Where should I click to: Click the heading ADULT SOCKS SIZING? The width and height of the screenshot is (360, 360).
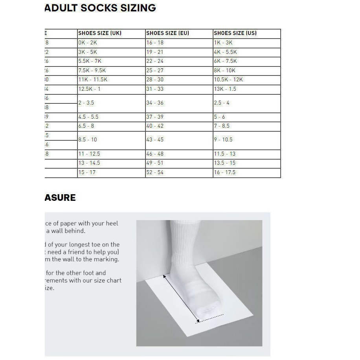[x=100, y=8]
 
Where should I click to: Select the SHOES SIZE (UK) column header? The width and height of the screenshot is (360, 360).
[x=100, y=33]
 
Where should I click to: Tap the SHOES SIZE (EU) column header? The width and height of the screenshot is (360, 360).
[x=167, y=33]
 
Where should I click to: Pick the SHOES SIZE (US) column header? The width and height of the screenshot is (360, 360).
[x=235, y=33]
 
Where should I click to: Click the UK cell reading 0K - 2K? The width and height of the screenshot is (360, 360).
[x=87, y=43]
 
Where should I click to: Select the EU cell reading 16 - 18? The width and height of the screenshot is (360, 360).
[x=155, y=43]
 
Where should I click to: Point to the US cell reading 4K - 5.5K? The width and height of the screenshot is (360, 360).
[x=225, y=52]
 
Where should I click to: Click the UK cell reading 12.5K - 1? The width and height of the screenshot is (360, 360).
[x=89, y=89]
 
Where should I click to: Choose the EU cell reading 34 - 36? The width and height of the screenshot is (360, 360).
[x=155, y=103]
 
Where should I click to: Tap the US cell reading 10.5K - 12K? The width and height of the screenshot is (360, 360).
[x=228, y=80]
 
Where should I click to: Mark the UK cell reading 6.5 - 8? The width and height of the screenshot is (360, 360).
[x=86, y=126]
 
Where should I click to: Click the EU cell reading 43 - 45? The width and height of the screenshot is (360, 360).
[x=155, y=140]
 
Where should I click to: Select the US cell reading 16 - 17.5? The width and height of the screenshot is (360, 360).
[x=225, y=173]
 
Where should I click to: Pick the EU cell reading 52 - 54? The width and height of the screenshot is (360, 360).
[x=155, y=173]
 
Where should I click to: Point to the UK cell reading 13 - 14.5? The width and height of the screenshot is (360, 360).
[x=89, y=163]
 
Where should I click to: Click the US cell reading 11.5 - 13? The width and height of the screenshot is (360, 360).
[x=225, y=154]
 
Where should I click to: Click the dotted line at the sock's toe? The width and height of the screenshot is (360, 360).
[x=211, y=318]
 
